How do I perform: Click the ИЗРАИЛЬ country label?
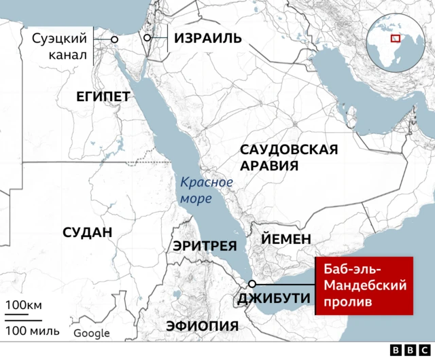(208, 39)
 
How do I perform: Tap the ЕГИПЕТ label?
(103, 97)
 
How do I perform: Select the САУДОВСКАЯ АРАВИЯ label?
(289, 158)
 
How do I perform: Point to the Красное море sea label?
(206, 190)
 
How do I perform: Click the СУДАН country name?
(87, 232)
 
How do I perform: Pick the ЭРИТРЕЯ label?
(205, 246)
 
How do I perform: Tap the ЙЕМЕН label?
(286, 239)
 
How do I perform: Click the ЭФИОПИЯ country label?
(203, 326)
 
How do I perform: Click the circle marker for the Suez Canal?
(114, 39)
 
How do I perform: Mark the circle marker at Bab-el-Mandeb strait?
(252, 284)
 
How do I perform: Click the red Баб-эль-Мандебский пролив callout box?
(365, 285)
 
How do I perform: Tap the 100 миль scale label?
(33, 331)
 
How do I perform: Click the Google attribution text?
(92, 333)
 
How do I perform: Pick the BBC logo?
(405, 350)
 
